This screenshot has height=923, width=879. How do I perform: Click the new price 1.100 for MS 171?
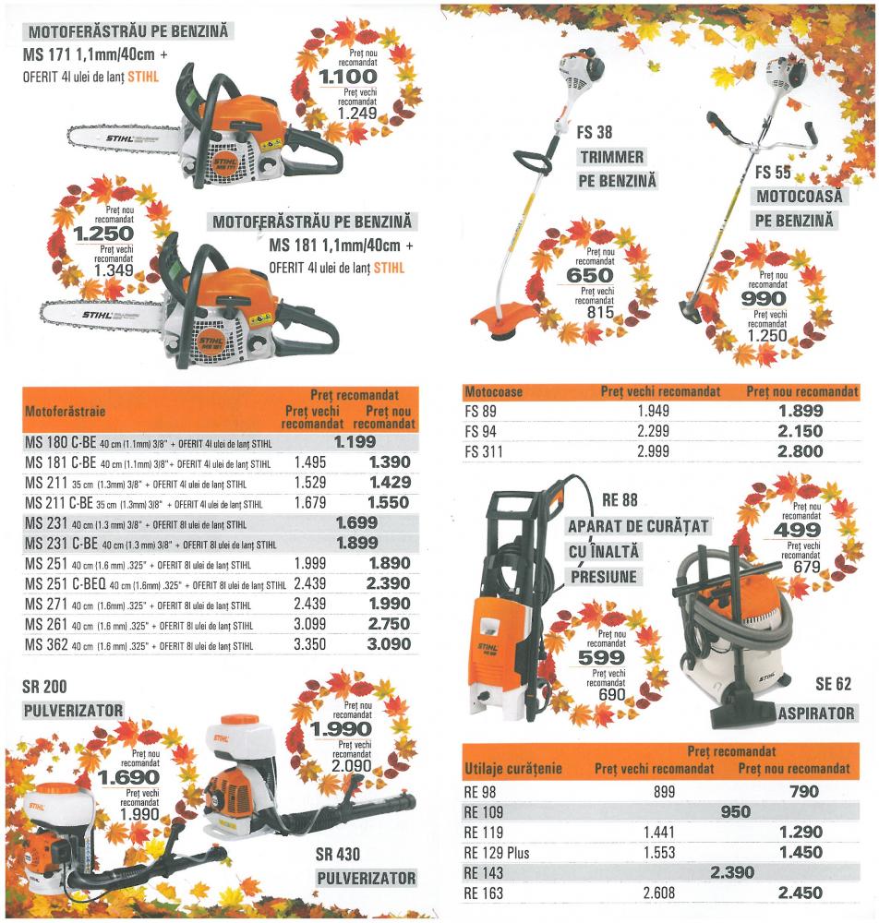pos(347,77)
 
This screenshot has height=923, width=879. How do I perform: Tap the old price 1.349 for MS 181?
pos(114,270)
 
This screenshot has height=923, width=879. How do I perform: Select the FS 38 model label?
pos(594,132)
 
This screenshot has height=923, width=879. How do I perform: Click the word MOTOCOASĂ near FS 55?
pos(799,196)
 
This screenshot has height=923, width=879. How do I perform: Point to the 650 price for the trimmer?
pos(590,275)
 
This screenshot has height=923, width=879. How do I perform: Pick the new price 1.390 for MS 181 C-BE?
pos(390,462)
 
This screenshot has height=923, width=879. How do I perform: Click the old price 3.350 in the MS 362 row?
pos(309,644)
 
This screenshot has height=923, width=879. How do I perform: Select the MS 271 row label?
pos(46,604)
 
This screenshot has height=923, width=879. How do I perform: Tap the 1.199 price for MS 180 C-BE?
pos(355,442)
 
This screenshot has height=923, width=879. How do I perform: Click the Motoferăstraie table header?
pos(65,411)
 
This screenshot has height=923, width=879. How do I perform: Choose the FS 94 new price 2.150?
pos(801,431)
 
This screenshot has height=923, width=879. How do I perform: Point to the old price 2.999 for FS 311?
pos(653,451)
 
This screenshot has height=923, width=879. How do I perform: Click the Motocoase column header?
pos(493,392)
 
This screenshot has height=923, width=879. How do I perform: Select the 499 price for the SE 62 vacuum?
pos(797,530)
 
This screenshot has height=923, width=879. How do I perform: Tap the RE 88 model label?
pos(620,500)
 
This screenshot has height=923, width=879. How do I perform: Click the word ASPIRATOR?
pos(816,713)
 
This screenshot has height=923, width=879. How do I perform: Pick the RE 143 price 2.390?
pos(732,872)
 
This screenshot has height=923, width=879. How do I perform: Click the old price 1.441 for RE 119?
pos(659,833)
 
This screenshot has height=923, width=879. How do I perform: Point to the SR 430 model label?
pos(337,855)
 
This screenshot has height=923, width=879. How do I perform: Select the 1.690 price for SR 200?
pos(129,777)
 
